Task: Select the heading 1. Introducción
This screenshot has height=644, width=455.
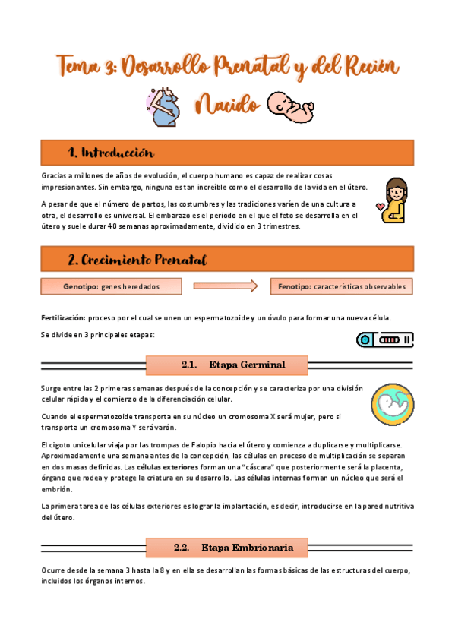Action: pyautogui.click(x=111, y=152)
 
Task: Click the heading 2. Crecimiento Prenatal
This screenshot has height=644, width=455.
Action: pyautogui.click(x=137, y=260)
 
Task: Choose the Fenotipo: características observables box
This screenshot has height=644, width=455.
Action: pyautogui.click(x=342, y=286)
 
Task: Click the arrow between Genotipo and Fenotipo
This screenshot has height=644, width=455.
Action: pyautogui.click(x=226, y=286)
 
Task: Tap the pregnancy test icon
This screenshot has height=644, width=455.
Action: pyautogui.click(x=384, y=339)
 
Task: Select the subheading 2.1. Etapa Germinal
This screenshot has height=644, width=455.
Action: pyautogui.click(x=233, y=365)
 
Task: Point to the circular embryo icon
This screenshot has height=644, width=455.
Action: pyautogui.click(x=393, y=402)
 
